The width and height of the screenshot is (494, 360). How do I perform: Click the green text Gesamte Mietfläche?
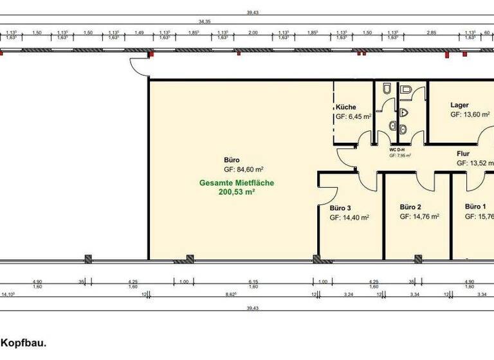(236, 183)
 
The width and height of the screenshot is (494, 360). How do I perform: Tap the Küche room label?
(345, 107)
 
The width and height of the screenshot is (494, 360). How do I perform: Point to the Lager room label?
(459, 105)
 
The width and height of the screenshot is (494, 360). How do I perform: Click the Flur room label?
(463, 154)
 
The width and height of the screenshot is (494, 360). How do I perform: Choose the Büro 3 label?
(340, 208)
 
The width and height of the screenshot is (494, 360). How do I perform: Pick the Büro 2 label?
(410, 207)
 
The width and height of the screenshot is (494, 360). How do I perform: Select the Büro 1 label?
(475, 207)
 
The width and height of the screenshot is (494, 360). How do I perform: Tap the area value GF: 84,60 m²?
(244, 170)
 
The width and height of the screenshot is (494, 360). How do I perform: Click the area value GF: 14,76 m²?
(419, 217)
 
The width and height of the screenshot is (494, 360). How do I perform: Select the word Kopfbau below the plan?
(23, 344)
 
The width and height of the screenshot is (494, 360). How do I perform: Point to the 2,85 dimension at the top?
(432, 32)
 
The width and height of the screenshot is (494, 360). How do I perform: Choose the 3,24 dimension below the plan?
(349, 295)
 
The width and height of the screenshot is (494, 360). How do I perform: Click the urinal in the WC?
(403, 113)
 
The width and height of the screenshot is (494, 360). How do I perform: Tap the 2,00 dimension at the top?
(253, 32)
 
